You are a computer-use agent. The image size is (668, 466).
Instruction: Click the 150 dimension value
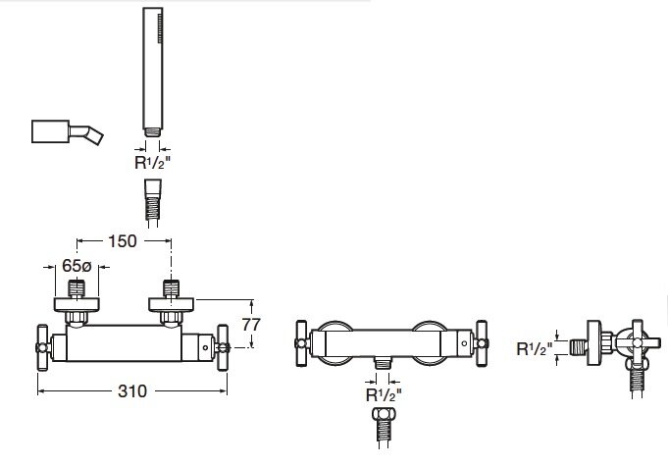(121, 240)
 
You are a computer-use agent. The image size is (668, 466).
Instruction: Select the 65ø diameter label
(77, 265)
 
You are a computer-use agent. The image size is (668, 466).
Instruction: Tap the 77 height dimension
(249, 323)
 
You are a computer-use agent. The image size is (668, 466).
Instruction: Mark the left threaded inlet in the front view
(77, 290)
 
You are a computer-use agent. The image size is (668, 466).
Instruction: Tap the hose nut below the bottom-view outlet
(385, 423)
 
